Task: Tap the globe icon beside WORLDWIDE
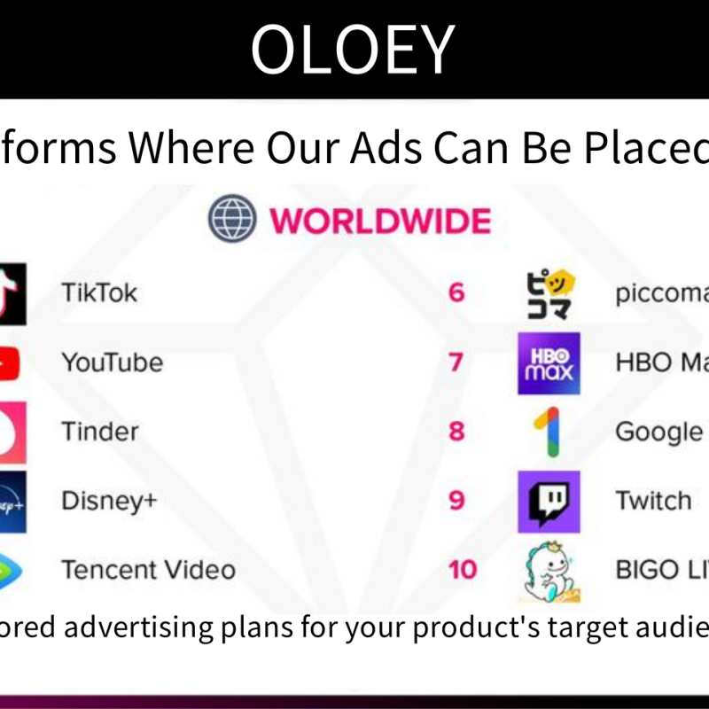coord(232,220)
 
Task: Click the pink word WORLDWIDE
coord(379,221)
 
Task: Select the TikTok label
coord(99,292)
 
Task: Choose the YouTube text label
coord(112,362)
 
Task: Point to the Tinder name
coord(100,432)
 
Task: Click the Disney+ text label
coord(109,501)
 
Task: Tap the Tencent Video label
coord(148,570)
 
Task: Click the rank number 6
coord(456,292)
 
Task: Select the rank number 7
coord(456,362)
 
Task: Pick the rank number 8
coord(456,432)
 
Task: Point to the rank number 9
coord(456,501)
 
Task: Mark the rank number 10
coord(462,570)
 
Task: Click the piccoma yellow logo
coord(549,293)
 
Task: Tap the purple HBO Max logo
coord(549,363)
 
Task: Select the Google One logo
coord(548,432)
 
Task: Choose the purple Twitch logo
coord(549,502)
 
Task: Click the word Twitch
coord(653,501)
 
